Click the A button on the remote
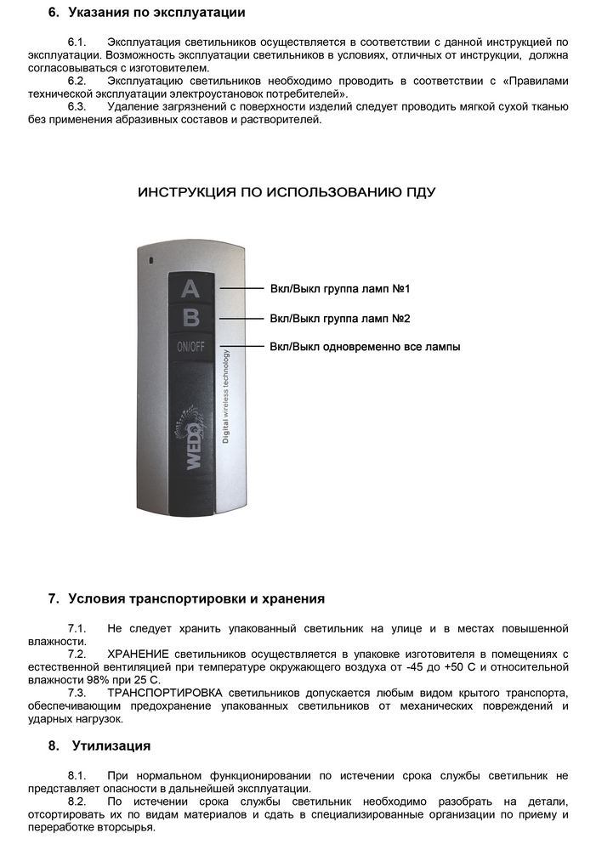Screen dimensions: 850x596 [x=191, y=289]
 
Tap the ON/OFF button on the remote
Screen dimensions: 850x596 [x=191, y=347]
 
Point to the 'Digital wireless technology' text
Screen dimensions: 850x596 [x=225, y=396]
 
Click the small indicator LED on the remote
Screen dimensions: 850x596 [x=150, y=259]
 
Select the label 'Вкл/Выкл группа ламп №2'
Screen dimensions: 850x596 [x=340, y=319]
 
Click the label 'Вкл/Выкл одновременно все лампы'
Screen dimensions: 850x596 [x=365, y=348]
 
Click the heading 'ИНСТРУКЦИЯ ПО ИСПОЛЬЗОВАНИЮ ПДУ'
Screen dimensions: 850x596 [x=287, y=193]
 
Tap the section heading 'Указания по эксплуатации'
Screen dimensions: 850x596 [x=156, y=13]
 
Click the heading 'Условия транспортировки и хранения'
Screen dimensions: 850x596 [x=196, y=599]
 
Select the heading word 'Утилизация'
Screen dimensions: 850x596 [x=111, y=745]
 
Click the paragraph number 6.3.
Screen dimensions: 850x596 [x=77, y=106]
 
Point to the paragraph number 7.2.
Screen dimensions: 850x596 [x=77, y=654]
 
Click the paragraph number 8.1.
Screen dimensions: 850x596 [x=77, y=776]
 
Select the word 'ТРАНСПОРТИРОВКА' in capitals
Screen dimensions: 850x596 [x=167, y=693]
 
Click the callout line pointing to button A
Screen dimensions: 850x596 [x=241, y=289]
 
